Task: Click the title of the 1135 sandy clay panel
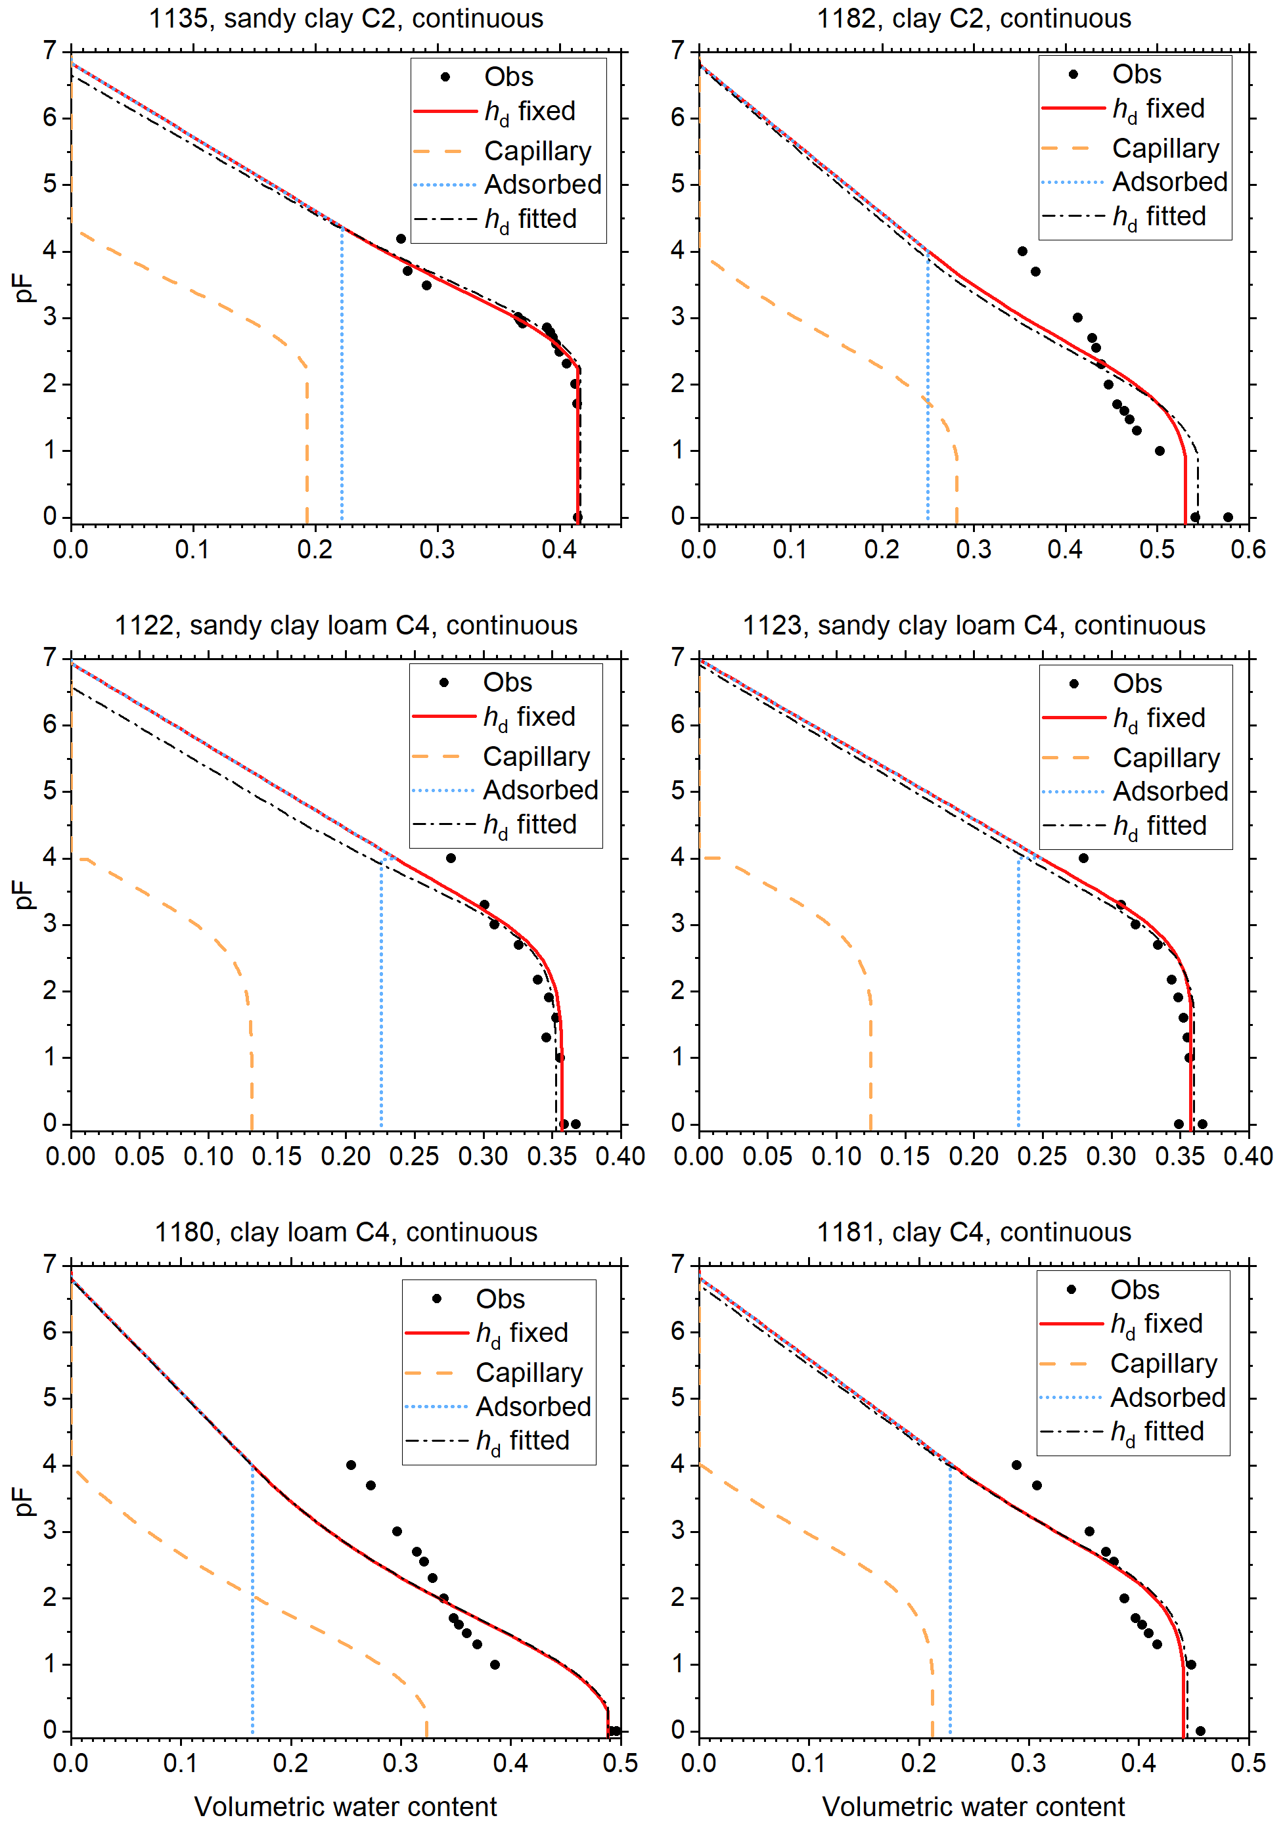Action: [346, 18]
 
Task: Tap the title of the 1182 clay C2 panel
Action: [974, 18]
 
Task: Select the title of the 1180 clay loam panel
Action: [346, 1232]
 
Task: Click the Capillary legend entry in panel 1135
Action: [537, 150]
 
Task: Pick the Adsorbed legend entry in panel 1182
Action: [1169, 182]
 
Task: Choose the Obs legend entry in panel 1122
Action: [507, 682]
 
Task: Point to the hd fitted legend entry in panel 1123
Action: [1160, 826]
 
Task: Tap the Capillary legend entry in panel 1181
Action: [1163, 1363]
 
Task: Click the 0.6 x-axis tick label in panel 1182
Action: [1248, 549]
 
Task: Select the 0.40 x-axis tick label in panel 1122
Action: [620, 1156]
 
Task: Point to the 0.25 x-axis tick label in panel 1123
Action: [1042, 1156]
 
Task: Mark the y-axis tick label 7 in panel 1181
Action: [678, 1264]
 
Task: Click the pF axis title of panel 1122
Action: [24, 894]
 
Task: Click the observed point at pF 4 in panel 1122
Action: [451, 858]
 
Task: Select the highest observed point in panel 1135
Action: [401, 239]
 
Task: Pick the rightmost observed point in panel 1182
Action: [1228, 517]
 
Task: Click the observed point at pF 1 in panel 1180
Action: [494, 1664]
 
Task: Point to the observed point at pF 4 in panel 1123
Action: [1083, 858]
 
